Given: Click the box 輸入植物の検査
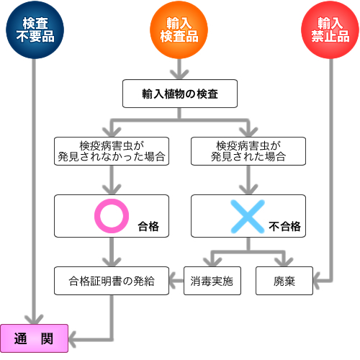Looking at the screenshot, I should (x=180, y=94).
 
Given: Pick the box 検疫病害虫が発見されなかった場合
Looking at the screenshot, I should (x=112, y=150).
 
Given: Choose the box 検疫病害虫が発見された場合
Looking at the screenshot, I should (x=247, y=150).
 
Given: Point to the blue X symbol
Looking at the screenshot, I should (x=247, y=215).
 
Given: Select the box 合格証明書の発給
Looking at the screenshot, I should (x=112, y=279).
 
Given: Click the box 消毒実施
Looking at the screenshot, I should (x=212, y=279).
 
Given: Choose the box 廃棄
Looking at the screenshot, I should (x=284, y=279).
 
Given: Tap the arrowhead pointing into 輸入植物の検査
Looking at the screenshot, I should (x=179, y=73).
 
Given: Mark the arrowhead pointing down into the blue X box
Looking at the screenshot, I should (x=247, y=189).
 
